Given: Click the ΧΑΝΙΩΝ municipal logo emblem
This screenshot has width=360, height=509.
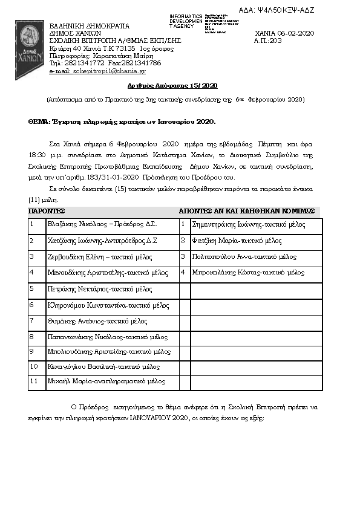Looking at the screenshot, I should (28, 41).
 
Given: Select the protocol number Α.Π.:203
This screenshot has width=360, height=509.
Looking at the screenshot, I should (269, 41).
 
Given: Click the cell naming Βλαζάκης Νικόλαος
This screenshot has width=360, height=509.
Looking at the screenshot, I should (102, 224).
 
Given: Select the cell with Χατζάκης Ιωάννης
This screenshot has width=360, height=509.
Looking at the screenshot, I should (102, 241).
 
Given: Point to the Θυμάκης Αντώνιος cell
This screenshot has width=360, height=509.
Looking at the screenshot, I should (97, 321).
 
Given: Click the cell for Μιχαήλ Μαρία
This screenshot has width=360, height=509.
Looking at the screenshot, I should (106, 382).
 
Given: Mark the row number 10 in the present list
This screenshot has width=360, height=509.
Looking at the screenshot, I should (34, 366).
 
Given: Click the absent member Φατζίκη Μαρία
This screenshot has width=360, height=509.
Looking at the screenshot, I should (236, 241).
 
